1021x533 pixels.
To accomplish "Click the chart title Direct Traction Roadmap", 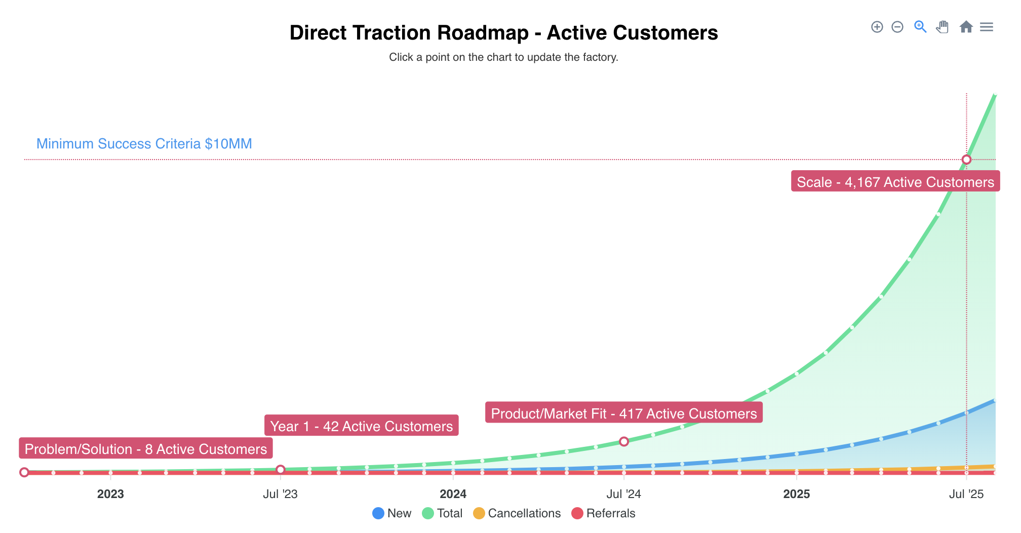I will pyautogui.click(x=503, y=33).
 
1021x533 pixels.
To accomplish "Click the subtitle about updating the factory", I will pyautogui.click(x=503, y=57).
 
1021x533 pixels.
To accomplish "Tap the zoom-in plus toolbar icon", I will pyautogui.click(x=877, y=27).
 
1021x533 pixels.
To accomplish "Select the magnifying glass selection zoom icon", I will pyautogui.click(x=920, y=27).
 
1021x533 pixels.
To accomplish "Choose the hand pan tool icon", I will pyautogui.click(x=942, y=27).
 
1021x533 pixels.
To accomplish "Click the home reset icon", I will pyautogui.click(x=966, y=27).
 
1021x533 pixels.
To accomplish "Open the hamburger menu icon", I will pyautogui.click(x=986, y=27).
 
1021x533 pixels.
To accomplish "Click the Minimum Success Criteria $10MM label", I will pyautogui.click(x=144, y=144).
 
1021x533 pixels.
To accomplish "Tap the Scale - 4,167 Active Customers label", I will pyautogui.click(x=895, y=182).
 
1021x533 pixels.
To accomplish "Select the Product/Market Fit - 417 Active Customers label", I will pyautogui.click(x=623, y=413).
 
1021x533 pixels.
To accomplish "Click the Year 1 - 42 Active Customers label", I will pyautogui.click(x=361, y=426).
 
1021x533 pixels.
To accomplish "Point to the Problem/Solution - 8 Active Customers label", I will pyautogui.click(x=145, y=449).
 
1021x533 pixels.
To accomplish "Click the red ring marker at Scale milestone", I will pyautogui.click(x=966, y=160).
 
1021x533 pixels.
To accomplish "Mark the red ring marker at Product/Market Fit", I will pyautogui.click(x=624, y=441).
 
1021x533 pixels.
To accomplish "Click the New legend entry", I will pyautogui.click(x=392, y=513).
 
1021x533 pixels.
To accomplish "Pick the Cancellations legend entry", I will pyautogui.click(x=517, y=513).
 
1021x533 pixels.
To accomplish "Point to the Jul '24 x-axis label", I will pyautogui.click(x=624, y=494).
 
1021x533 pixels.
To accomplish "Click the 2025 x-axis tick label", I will pyautogui.click(x=796, y=494).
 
